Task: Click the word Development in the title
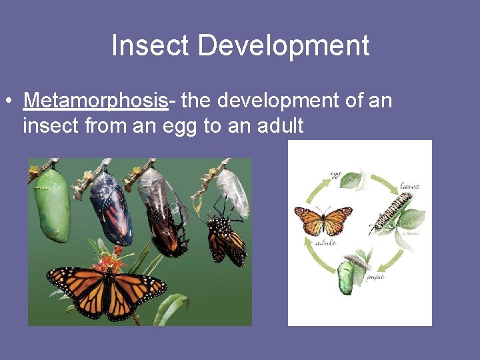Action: tap(283, 46)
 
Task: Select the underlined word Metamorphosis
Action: tap(95, 101)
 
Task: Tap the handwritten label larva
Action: tap(409, 186)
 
